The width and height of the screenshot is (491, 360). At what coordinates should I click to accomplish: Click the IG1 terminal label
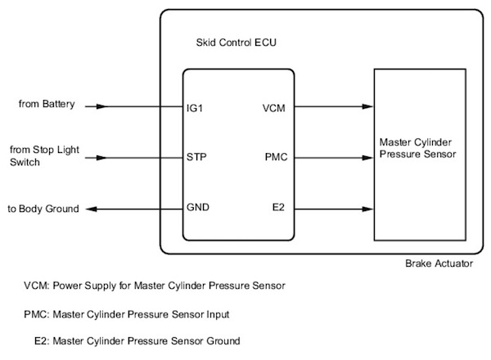[197, 106]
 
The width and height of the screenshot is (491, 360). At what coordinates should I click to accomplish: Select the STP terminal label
[198, 157]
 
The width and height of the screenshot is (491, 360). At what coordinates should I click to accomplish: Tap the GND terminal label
[199, 208]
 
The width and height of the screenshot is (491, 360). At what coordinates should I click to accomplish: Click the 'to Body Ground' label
[45, 209]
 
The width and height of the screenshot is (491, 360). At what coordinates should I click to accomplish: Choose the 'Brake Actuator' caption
[439, 263]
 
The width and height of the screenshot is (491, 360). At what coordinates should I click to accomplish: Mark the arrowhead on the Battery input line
[101, 106]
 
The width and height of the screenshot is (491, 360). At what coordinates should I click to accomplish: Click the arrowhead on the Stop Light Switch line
[101, 157]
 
